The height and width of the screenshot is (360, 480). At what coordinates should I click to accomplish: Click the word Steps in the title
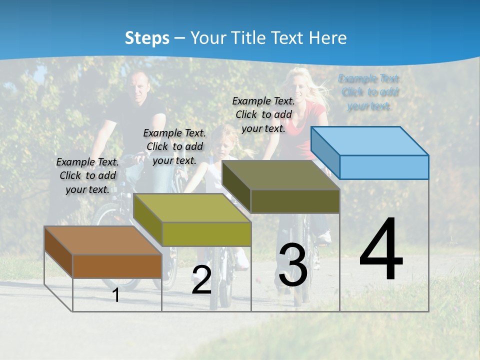(x=147, y=38)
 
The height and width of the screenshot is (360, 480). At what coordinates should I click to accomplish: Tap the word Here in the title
(x=327, y=38)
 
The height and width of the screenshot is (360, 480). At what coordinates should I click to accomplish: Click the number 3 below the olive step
(x=293, y=265)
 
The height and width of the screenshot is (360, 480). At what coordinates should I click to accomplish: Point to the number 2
(x=201, y=280)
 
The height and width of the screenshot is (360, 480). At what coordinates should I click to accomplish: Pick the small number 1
(x=116, y=295)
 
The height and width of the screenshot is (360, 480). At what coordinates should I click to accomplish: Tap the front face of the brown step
(x=117, y=266)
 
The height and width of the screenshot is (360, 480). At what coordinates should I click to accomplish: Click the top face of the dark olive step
(x=281, y=175)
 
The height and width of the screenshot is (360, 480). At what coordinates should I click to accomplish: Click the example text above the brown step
(x=87, y=175)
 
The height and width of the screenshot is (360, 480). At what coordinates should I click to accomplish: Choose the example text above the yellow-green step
(x=174, y=146)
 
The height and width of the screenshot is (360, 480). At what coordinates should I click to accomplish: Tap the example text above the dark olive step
(x=263, y=114)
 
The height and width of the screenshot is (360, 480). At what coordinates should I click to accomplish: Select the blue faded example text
(x=369, y=92)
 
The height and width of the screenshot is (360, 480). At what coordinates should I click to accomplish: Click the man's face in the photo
(x=137, y=86)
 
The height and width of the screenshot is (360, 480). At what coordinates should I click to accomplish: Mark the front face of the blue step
(x=384, y=167)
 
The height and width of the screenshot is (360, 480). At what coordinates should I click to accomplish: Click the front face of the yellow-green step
(x=206, y=234)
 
